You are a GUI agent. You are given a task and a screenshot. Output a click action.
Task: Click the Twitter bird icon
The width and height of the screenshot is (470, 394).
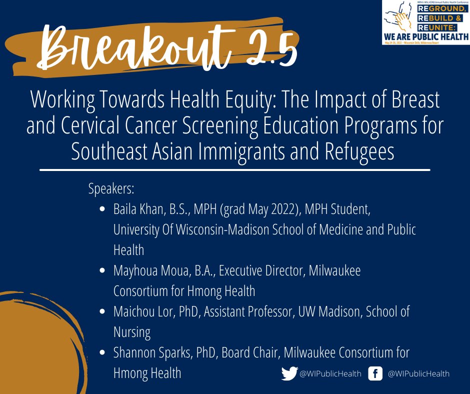click(x=289, y=373)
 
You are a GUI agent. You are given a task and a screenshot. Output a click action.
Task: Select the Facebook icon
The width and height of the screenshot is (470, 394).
click(x=375, y=373)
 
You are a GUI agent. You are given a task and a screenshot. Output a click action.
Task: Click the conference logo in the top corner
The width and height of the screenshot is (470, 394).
click(x=425, y=22)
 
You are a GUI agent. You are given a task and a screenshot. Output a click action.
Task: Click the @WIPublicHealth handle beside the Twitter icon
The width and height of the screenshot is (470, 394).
click(x=330, y=373)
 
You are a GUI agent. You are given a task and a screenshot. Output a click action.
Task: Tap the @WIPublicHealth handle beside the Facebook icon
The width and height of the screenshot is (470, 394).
click(x=418, y=373)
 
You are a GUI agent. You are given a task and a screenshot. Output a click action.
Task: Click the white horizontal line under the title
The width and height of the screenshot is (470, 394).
click(x=234, y=170)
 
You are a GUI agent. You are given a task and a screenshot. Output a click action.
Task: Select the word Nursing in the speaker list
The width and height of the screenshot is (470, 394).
click(x=131, y=332)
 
